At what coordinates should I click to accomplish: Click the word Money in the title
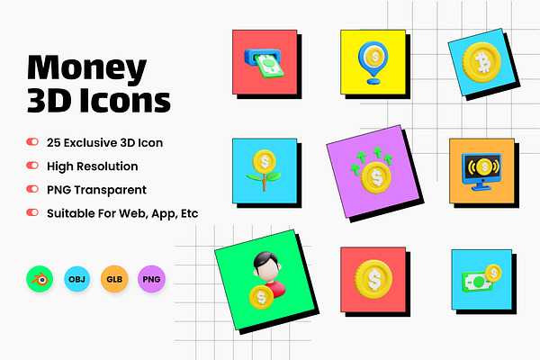click(86, 67)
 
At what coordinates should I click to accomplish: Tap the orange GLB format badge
click(114, 279)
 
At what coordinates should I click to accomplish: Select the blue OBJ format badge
click(76, 279)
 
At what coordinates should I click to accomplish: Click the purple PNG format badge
click(151, 279)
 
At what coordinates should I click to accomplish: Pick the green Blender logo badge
click(40, 279)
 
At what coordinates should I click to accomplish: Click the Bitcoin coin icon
click(481, 62)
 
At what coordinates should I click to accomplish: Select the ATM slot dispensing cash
click(264, 63)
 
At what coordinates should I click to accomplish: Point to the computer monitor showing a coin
click(481, 171)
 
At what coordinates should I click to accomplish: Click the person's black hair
click(265, 260)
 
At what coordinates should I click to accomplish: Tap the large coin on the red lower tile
click(373, 279)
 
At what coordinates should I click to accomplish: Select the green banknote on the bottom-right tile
click(477, 282)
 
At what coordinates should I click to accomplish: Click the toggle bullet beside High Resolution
click(32, 166)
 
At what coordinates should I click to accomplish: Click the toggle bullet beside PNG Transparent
click(32, 189)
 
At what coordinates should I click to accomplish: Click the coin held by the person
click(261, 297)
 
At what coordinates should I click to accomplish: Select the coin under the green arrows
click(376, 178)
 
